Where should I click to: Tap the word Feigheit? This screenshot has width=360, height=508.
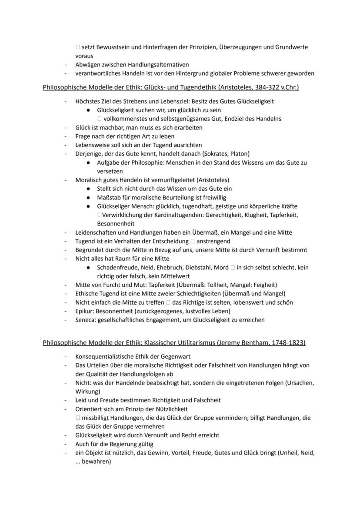pos(263,285)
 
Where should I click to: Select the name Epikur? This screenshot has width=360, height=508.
pos(84,311)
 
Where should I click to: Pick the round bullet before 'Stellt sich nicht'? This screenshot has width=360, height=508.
pos(88,189)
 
